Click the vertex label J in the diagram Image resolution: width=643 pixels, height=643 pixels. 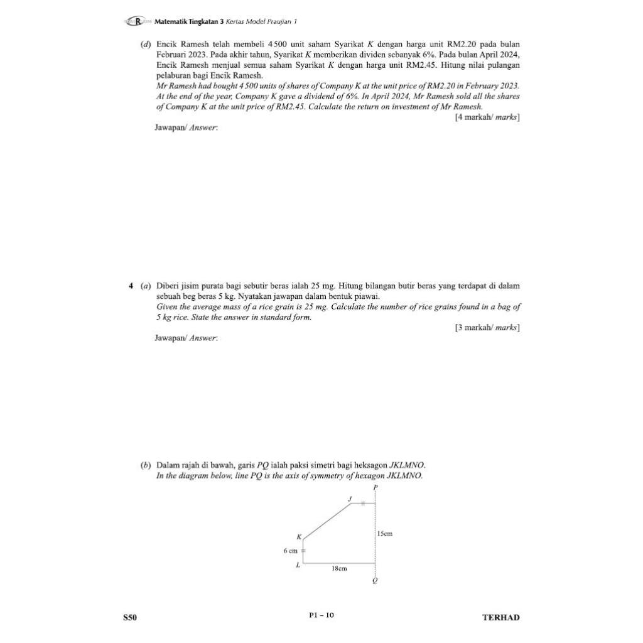pos(350,499)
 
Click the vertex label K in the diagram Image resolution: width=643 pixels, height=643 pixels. pos(300,536)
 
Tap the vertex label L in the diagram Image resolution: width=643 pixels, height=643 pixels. pos(299,565)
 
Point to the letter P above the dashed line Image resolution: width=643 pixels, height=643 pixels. pos(376,487)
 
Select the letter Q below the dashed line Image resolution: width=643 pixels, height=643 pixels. pos(376,581)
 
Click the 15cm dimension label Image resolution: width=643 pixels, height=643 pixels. pos(384,534)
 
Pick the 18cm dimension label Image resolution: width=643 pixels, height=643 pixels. pos(339,568)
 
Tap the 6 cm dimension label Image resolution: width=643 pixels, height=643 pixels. pos(289,551)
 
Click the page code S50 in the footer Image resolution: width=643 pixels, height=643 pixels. pos(129,617)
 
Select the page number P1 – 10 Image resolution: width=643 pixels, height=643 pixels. pos(321,615)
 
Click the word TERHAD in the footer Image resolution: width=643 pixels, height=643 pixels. pos(500,617)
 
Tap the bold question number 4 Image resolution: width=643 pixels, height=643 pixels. pos(131,286)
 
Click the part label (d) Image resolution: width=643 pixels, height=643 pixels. pos(144,45)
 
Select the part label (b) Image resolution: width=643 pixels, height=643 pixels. pos(144,465)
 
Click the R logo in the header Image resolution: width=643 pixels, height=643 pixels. pos(135,21)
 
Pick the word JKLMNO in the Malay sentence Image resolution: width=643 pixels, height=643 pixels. pos(408,465)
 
